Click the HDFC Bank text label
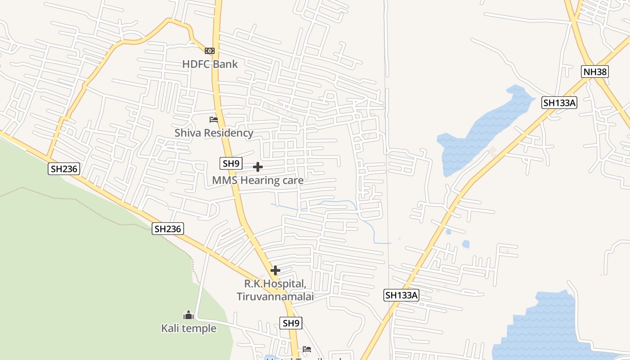[210, 64]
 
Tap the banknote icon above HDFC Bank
[210, 51]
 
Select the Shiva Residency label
[214, 133]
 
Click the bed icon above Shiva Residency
[214, 120]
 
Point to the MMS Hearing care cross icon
[258, 167]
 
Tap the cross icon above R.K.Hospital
[275, 270]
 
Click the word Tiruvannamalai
[275, 297]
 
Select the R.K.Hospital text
[275, 284]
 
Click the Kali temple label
[189, 328]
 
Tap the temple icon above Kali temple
[189, 315]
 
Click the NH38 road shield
[594, 72]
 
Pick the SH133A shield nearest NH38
[559, 103]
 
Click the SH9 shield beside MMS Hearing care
[231, 163]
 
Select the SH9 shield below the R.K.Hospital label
[291, 323]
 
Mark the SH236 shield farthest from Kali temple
[64, 169]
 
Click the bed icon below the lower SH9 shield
[307, 349]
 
